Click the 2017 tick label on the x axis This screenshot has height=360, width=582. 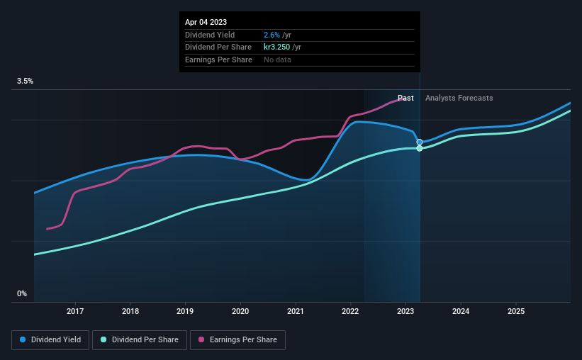[x=75, y=311]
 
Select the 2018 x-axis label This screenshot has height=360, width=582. [x=130, y=311]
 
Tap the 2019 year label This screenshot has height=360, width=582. [x=185, y=311]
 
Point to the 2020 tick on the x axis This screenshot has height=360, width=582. [x=240, y=311]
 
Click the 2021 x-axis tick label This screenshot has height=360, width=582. [x=296, y=311]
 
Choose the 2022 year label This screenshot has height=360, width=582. [x=350, y=311]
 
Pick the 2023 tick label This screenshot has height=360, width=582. [x=405, y=311]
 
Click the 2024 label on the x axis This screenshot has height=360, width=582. [x=461, y=311]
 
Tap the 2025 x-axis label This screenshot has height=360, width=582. [x=516, y=311]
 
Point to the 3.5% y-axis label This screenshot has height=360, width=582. [x=25, y=81]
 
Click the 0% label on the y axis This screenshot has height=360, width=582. [x=21, y=293]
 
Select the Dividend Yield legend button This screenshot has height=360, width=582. [x=51, y=339]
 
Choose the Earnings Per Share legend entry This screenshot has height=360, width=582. [x=237, y=339]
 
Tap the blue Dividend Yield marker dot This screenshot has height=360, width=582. [x=420, y=142]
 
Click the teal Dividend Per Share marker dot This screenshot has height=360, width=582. [x=420, y=148]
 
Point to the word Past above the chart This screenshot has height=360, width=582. [x=405, y=98]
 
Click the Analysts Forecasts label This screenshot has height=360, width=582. [x=459, y=98]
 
